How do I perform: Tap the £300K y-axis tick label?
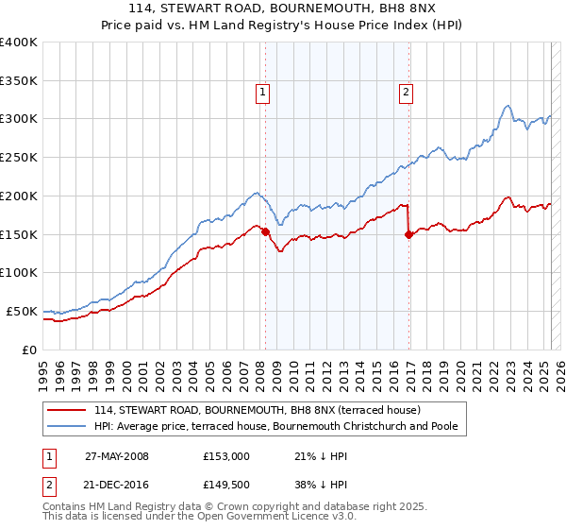(19, 119)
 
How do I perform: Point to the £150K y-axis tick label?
(19, 234)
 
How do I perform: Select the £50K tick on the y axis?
(23, 311)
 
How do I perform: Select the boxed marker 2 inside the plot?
(405, 92)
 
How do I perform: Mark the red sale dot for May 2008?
(265, 231)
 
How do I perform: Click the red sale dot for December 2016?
(408, 235)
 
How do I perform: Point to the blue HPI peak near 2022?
(508, 106)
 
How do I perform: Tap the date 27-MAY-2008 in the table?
(117, 455)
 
